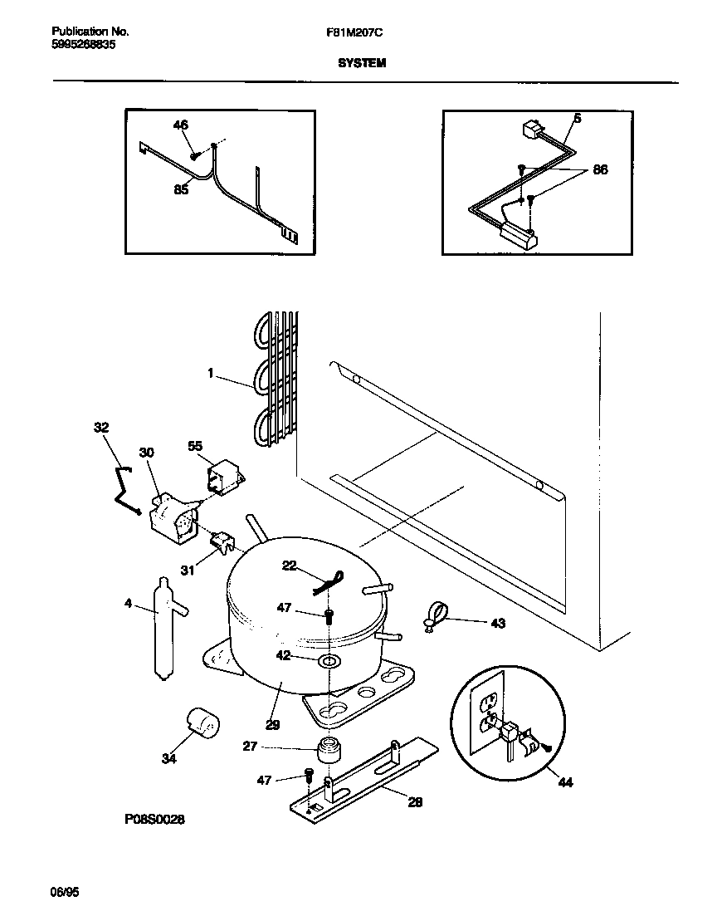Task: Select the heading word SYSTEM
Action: coord(362,62)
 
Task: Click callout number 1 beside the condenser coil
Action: coord(212,375)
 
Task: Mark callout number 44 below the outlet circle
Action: coord(565,782)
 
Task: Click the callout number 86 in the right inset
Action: coord(599,169)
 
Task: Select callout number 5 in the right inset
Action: coord(578,119)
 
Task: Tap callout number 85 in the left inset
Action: coord(181,189)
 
